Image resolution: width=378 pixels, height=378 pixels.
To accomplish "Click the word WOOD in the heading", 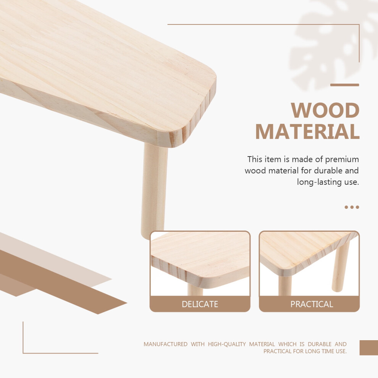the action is tap(325, 110).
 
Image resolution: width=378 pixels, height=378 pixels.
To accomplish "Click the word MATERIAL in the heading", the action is tap(307, 131).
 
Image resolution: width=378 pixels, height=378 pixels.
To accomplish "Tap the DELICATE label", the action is tap(200, 304).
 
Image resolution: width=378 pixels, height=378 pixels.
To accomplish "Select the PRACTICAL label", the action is tap(312, 304).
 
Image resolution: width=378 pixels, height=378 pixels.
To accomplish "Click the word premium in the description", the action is tap(342, 160).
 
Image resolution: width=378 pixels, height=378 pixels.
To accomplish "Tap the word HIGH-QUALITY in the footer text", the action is tap(227, 344).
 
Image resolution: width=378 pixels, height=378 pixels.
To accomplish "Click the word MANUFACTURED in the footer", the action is tap(165, 344).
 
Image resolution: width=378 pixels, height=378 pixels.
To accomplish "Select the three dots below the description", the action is tap(352, 207).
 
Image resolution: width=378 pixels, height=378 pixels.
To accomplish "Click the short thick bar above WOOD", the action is tap(344, 85).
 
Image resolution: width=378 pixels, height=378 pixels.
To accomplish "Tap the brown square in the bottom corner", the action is tap(368, 347).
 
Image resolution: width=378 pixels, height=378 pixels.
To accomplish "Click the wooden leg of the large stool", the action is tap(154, 191).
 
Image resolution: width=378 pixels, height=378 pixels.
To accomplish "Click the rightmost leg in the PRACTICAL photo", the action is tap(340, 267).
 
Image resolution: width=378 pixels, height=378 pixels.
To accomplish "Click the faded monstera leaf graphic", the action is tap(333, 44).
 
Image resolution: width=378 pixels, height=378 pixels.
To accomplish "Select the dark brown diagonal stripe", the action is tap(63, 282).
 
